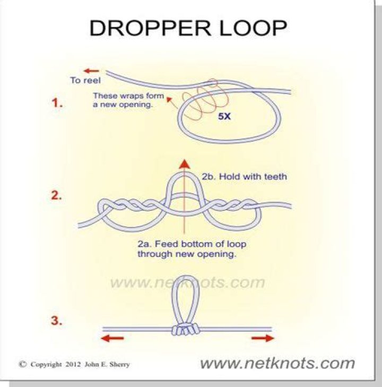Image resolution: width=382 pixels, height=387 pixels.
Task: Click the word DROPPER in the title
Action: click(x=150, y=28)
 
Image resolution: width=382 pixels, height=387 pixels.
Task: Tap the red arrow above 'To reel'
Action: click(x=91, y=71)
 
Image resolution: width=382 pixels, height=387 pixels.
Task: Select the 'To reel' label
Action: click(x=85, y=81)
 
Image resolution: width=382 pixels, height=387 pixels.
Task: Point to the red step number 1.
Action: click(x=57, y=102)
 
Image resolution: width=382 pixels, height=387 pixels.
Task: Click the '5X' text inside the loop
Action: click(x=224, y=116)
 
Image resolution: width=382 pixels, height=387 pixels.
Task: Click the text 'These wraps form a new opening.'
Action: click(x=128, y=100)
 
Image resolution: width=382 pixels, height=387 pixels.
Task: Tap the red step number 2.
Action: click(x=56, y=195)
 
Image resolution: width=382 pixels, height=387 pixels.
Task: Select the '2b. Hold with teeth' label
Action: click(x=245, y=177)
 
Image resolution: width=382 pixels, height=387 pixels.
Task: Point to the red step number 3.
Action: click(x=56, y=321)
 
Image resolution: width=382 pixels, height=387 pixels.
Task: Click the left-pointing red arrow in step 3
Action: click(x=112, y=338)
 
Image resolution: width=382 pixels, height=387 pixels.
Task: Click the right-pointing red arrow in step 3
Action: click(x=263, y=338)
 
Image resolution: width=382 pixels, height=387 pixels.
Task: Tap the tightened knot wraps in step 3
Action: click(x=186, y=330)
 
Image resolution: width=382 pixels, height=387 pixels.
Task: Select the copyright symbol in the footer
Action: click(x=23, y=364)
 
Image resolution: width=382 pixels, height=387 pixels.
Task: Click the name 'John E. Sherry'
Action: click(x=107, y=365)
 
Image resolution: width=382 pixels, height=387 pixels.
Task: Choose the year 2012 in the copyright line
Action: click(x=73, y=365)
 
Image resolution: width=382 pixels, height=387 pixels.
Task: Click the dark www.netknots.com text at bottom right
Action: click(x=277, y=363)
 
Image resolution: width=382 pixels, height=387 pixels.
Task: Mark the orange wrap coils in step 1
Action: click(x=205, y=99)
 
